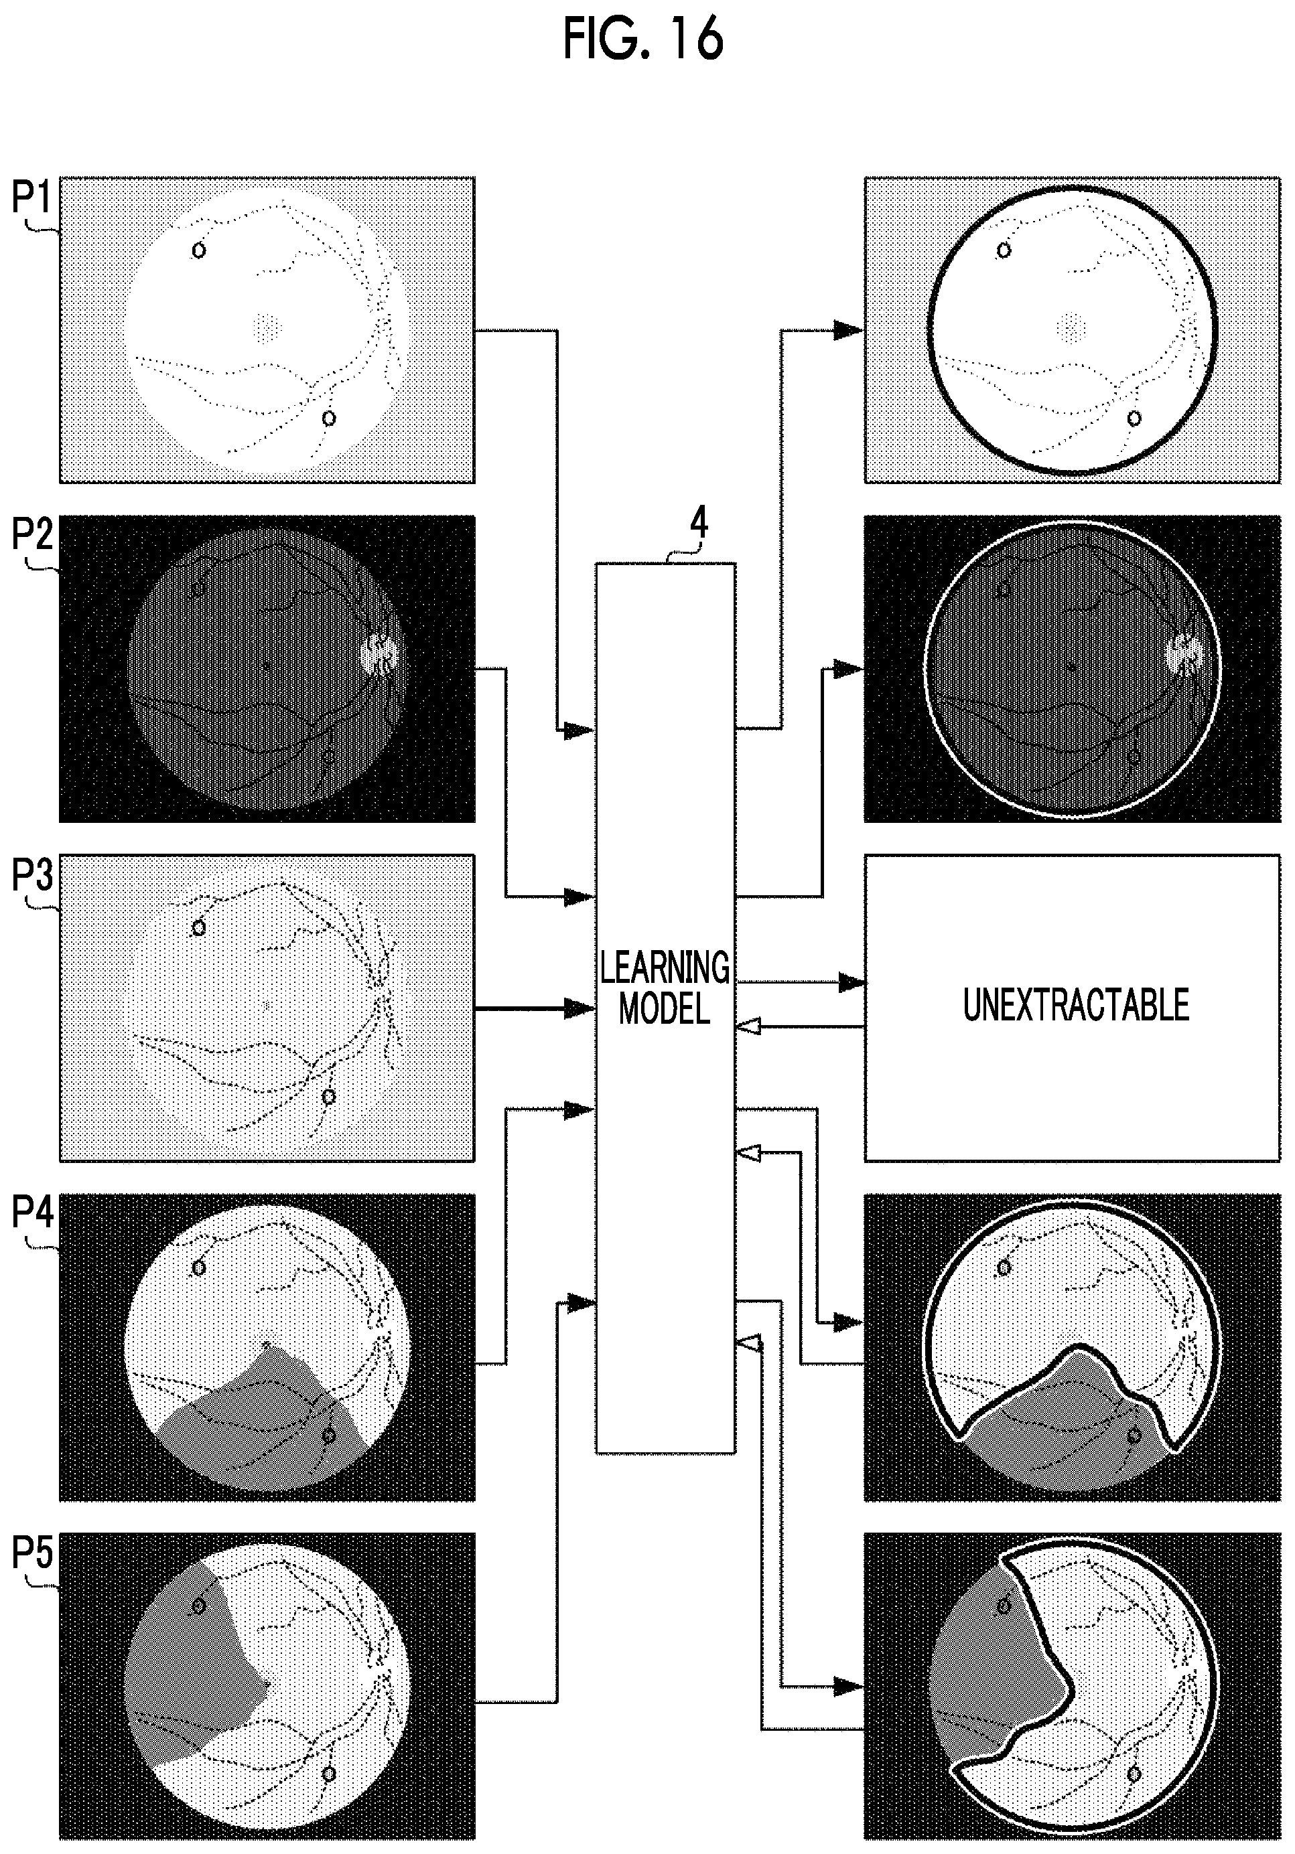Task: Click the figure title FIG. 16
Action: pos(643,40)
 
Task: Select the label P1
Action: pos(31,197)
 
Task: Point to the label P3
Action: pos(31,875)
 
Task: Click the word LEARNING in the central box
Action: pos(665,968)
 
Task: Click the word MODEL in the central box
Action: pos(665,1008)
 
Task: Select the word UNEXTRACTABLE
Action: pos(1076,1005)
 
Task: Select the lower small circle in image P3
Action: pos(329,1097)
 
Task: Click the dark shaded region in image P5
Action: pos(190,1671)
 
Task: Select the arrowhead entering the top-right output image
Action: pos(849,329)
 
